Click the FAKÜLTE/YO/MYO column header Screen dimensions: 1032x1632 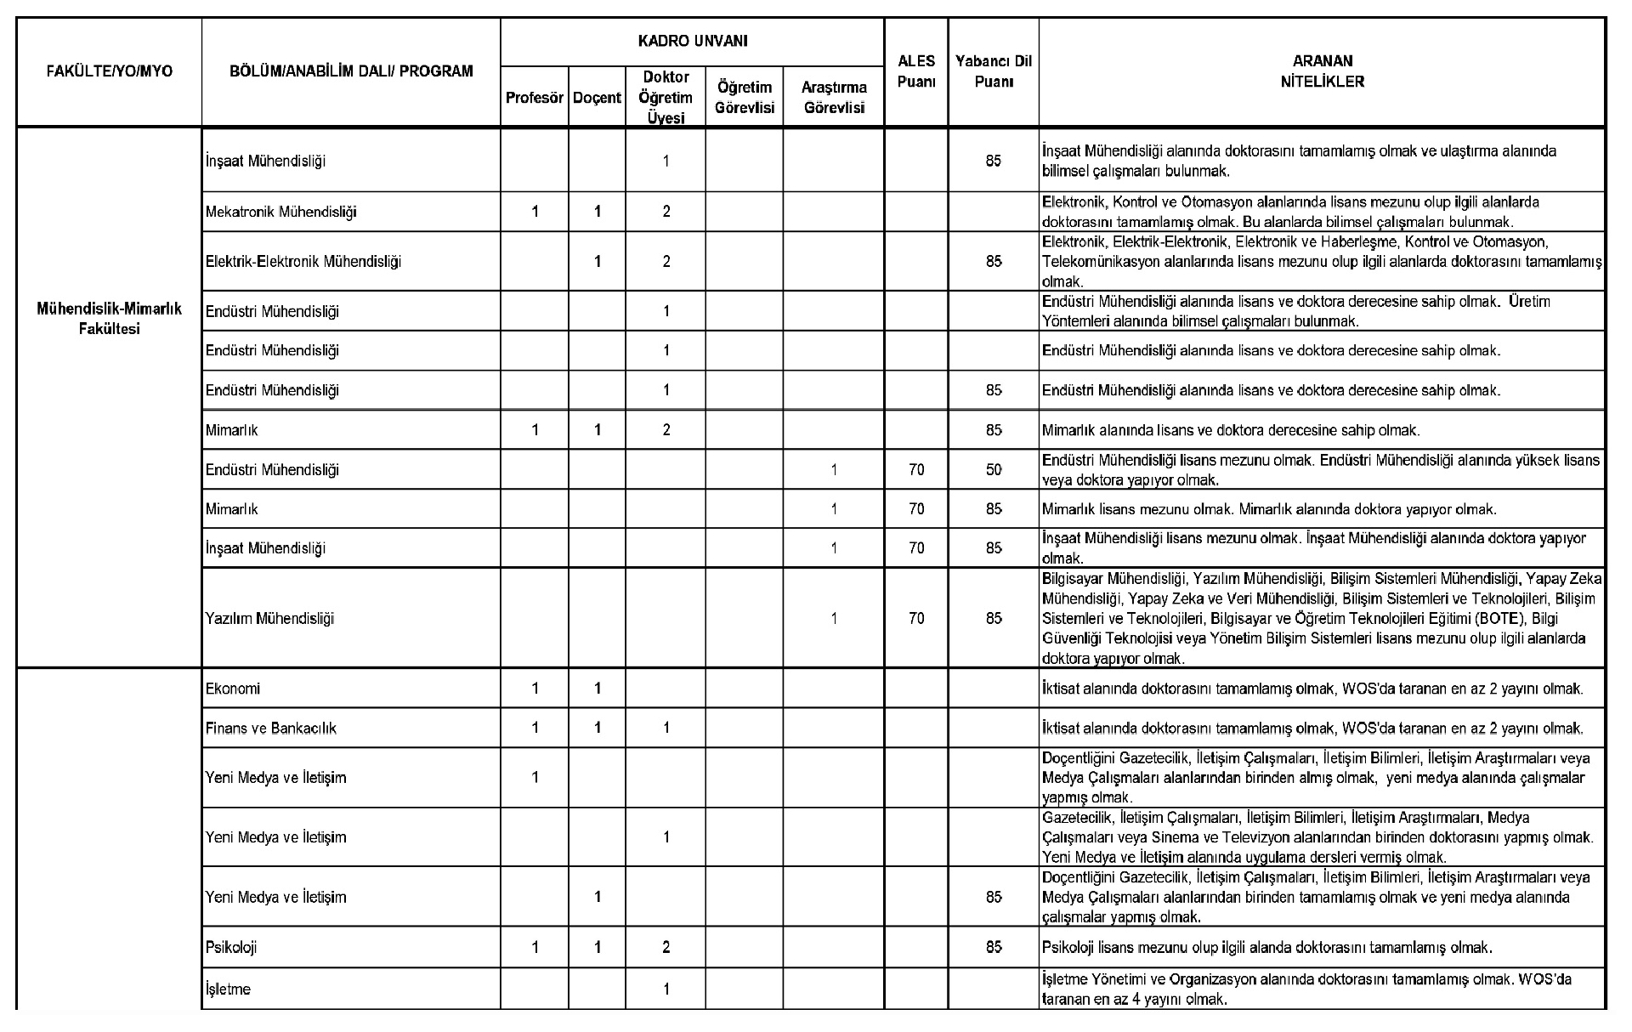click(109, 71)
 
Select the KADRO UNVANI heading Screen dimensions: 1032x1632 click(692, 41)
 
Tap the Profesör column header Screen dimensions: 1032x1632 click(534, 98)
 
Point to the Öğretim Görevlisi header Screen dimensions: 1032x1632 click(744, 98)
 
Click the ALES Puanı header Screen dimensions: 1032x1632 click(915, 71)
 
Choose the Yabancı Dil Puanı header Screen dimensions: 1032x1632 click(993, 71)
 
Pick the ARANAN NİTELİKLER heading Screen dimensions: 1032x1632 click(1322, 71)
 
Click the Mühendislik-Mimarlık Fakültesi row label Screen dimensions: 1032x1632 click(109, 319)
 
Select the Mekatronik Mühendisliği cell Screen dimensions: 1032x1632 click(280, 212)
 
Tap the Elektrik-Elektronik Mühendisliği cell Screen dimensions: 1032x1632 click(303, 262)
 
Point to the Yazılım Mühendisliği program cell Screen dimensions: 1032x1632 click(269, 619)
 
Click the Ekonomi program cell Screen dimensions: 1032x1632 click(232, 689)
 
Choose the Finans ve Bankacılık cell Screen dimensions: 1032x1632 click(270, 729)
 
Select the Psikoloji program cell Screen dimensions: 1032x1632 click(230, 948)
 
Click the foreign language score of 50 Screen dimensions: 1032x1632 click(993, 470)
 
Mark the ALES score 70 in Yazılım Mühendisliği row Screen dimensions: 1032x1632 click(915, 619)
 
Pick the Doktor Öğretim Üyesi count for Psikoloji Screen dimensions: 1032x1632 click(666, 948)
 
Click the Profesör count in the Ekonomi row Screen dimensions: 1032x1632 click(534, 689)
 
